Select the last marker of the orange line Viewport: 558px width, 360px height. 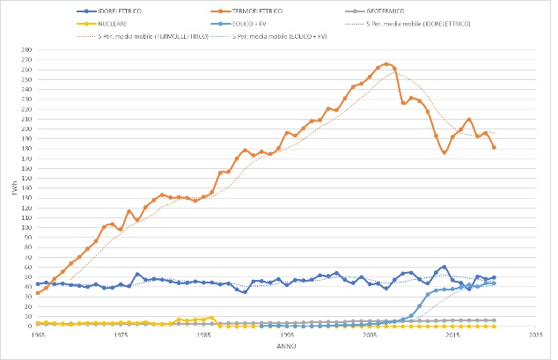[494, 147]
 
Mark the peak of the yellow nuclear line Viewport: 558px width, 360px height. [212, 318]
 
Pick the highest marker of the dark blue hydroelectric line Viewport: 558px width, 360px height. [444, 267]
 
